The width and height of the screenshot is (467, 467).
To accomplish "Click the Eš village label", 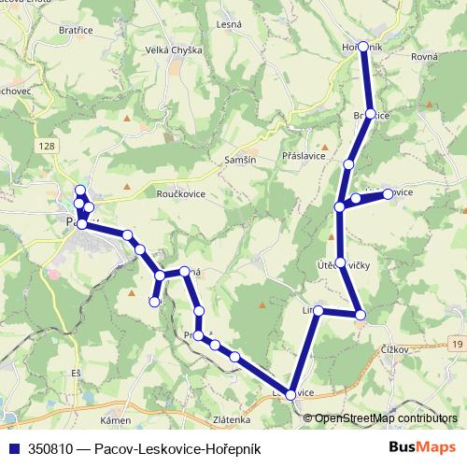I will coord(76,373).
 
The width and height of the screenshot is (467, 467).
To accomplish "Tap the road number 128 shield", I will coord(48,146).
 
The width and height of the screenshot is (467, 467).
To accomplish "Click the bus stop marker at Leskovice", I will coord(291,395).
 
